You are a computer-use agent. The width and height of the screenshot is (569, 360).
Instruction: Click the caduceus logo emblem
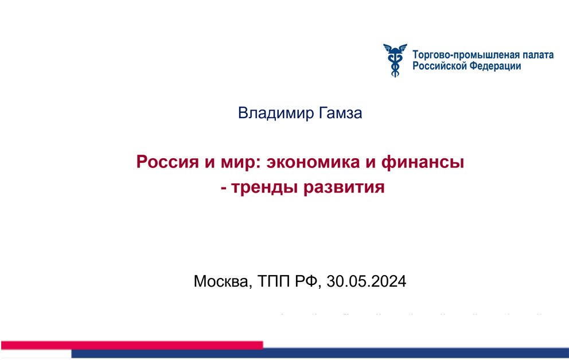click(x=395, y=60)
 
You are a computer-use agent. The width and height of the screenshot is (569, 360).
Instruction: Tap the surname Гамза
click(x=340, y=113)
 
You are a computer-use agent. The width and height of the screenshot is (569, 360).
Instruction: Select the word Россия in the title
click(x=167, y=162)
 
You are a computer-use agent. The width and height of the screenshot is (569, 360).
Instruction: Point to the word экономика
click(x=313, y=162)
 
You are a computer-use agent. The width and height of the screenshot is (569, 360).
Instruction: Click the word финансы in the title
click(x=422, y=162)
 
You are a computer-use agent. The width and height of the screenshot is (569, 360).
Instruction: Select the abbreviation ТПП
click(x=274, y=281)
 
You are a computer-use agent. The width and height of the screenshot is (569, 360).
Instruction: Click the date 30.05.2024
click(x=366, y=281)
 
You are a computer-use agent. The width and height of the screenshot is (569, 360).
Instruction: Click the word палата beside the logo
click(x=538, y=56)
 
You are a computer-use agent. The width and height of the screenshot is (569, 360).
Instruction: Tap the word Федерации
click(x=496, y=66)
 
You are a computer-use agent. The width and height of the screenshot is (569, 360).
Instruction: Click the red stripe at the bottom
click(x=132, y=345)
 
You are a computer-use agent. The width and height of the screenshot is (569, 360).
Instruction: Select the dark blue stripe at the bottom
click(x=320, y=353)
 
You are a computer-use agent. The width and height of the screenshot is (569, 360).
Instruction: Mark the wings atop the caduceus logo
click(x=395, y=48)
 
